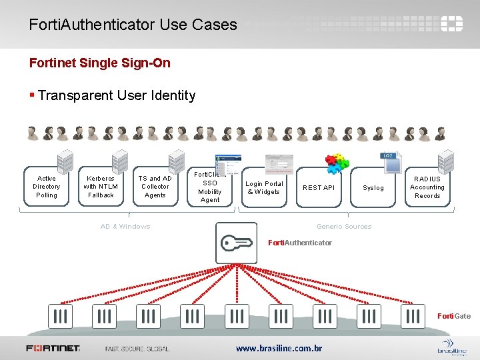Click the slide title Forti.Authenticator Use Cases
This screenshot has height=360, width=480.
pyautogui.click(x=133, y=25)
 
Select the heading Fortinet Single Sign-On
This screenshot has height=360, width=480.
pyautogui.click(x=100, y=63)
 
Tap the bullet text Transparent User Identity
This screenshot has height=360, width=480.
pyautogui.click(x=117, y=95)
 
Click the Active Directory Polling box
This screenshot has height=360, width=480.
pyautogui.click(x=47, y=187)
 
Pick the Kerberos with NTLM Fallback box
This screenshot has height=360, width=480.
pyautogui.click(x=101, y=187)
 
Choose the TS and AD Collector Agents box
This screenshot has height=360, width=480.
pyautogui.click(x=155, y=187)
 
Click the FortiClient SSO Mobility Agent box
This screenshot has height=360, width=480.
pyautogui.click(x=210, y=187)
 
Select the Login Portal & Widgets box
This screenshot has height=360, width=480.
pyautogui.click(x=265, y=187)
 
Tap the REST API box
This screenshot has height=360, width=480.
pyautogui.click(x=319, y=187)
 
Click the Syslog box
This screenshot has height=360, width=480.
pyautogui.click(x=373, y=187)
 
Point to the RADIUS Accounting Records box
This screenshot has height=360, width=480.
pyautogui.click(x=427, y=187)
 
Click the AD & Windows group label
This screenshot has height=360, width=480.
pyautogui.click(x=125, y=227)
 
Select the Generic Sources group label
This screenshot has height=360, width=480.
pyautogui.click(x=344, y=227)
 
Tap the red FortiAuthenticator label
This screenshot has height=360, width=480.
pyautogui.click(x=299, y=243)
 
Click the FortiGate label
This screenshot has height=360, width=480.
pyautogui.click(x=454, y=316)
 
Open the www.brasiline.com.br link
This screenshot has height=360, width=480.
pyautogui.click(x=279, y=348)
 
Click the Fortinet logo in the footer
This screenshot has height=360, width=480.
pyautogui.click(x=53, y=348)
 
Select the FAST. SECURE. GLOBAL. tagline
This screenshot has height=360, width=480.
pyautogui.click(x=137, y=348)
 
